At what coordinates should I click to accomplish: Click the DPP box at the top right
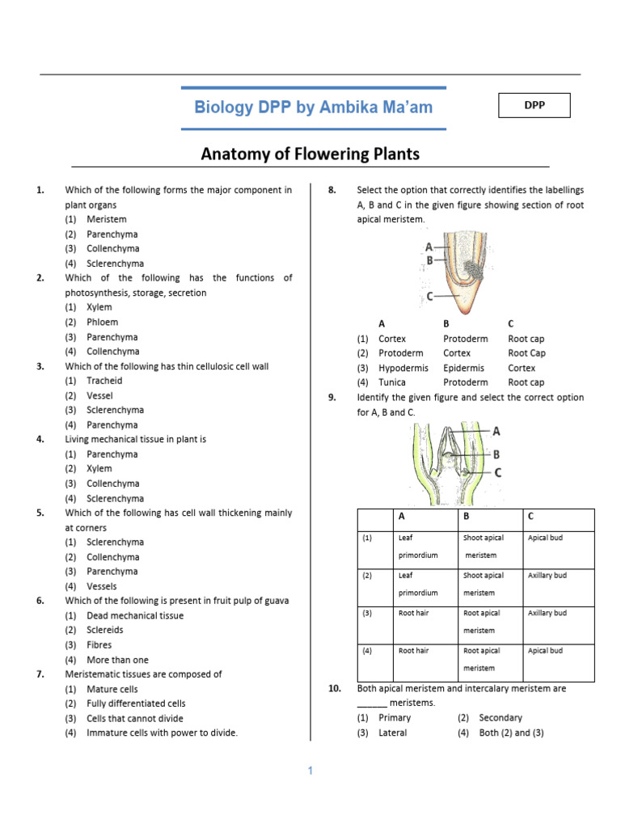click(x=534, y=105)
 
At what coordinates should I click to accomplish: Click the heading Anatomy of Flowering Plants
click(x=310, y=153)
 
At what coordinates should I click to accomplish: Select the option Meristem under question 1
click(x=107, y=219)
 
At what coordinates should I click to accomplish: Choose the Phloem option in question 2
click(x=102, y=322)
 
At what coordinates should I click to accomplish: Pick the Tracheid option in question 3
click(x=104, y=381)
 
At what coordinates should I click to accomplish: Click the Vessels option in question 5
click(x=101, y=586)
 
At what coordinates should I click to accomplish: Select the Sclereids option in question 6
click(x=105, y=630)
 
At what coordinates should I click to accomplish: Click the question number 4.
click(x=40, y=439)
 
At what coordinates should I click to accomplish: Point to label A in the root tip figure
click(x=428, y=246)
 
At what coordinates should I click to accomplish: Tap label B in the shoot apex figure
click(x=496, y=454)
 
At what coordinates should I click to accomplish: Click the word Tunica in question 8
click(x=392, y=382)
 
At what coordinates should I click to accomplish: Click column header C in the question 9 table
click(x=530, y=516)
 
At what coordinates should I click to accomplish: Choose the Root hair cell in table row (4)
click(x=413, y=651)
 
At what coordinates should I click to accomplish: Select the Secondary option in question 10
click(x=501, y=718)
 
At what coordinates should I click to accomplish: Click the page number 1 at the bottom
click(x=310, y=771)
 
